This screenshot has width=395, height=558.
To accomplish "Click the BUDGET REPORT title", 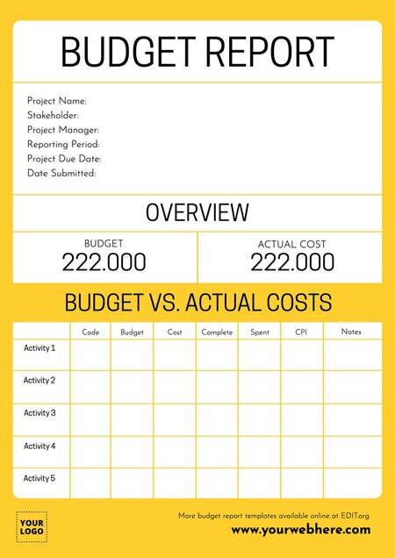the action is coord(197,53).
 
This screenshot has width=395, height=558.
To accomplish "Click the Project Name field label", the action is coord(57,101).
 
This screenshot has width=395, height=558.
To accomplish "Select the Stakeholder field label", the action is coord(53,115).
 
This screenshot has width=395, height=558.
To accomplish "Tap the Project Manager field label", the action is coord(62,130).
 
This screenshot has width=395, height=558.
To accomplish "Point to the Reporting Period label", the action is coord(63,144).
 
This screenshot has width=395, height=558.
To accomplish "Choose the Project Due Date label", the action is coord(64,159).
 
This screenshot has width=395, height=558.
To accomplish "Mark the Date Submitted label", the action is coord(61,173).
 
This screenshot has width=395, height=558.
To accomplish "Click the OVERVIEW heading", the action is coord(197,212).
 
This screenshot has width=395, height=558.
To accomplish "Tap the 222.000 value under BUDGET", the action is coord(104,262).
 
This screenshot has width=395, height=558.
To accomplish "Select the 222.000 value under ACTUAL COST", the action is coord(292,262).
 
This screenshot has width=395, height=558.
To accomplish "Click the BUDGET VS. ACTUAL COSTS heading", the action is coord(197,304).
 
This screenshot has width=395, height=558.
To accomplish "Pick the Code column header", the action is coord(90,333).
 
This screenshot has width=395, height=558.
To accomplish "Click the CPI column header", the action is coord(301,333).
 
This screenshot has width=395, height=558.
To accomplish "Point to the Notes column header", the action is coord(351,332).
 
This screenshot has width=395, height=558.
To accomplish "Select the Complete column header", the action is coord(217,333).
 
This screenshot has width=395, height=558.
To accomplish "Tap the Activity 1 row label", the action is coord(39,348).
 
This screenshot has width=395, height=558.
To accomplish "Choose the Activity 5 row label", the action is coord(39,478).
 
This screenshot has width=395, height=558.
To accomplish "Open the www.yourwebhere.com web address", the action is coord(300,530).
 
